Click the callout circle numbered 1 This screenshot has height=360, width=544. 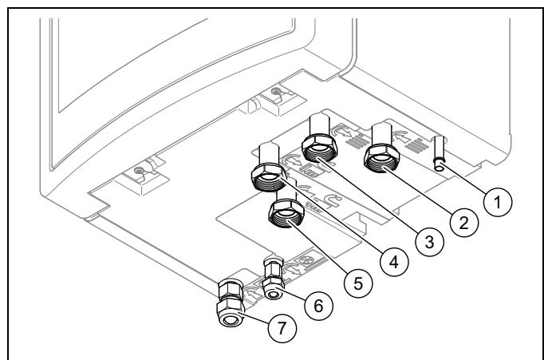498,202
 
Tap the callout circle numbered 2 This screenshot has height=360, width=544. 464,223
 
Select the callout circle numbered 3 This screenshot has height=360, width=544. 429,242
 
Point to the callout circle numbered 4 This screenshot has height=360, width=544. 394,262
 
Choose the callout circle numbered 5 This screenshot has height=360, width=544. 358,283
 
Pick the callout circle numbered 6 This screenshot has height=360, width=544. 318,306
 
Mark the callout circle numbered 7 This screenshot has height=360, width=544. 282,328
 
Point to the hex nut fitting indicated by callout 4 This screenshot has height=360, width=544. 270,169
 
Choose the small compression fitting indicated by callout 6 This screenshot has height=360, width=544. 274,278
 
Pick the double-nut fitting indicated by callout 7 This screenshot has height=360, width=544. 231,303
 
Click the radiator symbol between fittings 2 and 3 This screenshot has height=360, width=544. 356,140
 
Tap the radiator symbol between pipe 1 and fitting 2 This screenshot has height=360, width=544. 416,144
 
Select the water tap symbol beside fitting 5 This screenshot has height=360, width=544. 330,201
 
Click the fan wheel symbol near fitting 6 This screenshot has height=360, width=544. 306,259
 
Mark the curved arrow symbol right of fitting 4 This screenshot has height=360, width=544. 290,160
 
